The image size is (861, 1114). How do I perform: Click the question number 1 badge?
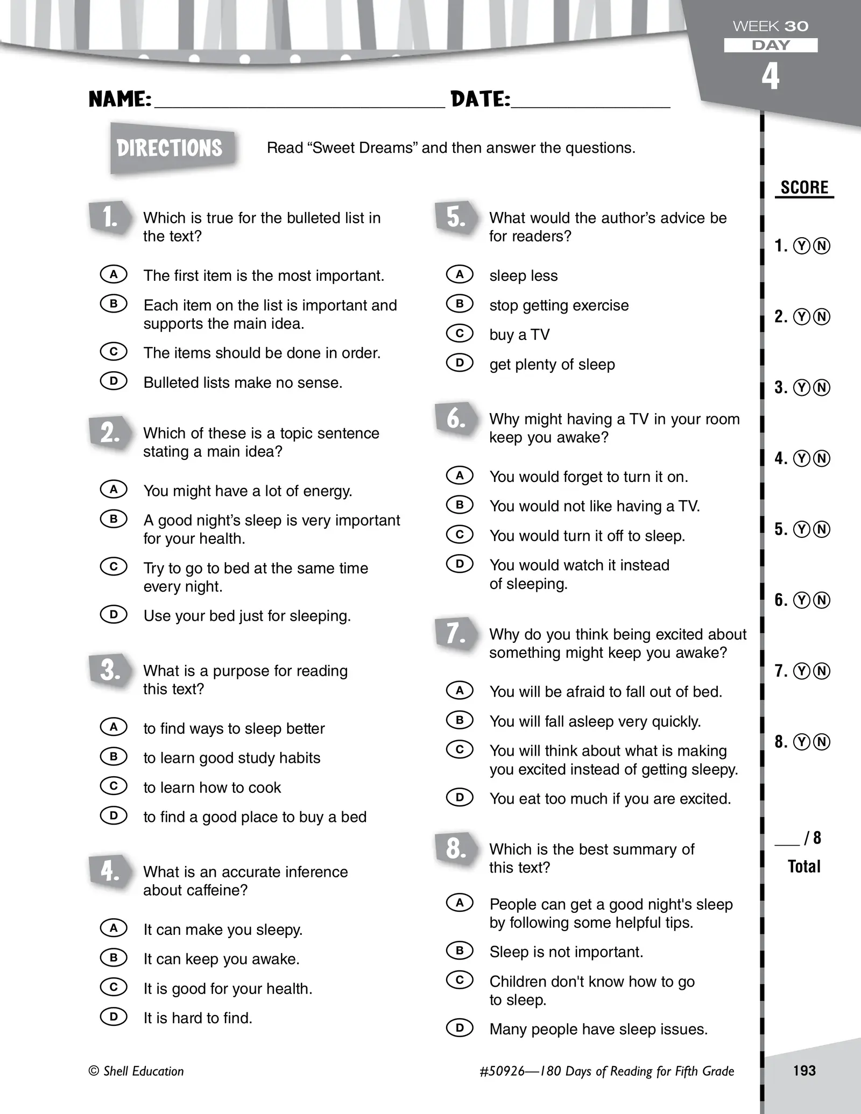110,218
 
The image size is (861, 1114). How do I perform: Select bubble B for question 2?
114,519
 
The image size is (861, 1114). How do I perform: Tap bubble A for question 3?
114,727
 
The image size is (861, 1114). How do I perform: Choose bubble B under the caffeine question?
114,957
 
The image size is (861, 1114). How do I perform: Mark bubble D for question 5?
460,363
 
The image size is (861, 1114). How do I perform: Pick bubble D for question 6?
460,563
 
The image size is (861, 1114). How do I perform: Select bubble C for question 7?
460,749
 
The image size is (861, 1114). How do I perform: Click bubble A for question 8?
460,902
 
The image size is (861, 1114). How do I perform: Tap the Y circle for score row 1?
802,246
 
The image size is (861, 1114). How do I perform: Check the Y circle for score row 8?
802,742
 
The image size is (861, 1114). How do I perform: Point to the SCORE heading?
804,188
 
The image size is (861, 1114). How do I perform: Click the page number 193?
804,1070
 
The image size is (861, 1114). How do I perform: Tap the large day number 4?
771,76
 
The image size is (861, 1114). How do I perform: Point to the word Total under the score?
804,866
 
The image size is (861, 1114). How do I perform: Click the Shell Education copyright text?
136,1071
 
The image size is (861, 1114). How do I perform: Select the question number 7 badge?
456,634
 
